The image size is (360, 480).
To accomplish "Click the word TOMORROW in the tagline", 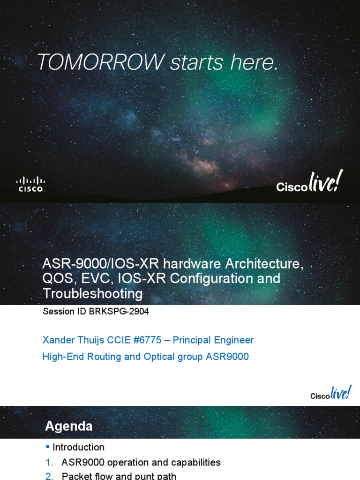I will tap(101, 62).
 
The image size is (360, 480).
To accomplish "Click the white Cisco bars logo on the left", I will tap(31, 184).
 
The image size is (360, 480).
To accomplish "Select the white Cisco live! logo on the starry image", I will tap(307, 182).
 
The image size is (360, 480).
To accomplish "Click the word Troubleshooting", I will tap(92, 293).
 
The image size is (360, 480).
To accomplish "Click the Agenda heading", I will tap(68, 426).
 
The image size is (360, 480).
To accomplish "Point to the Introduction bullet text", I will tap(78, 447).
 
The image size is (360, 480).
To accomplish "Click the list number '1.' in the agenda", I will tap(49, 463).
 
